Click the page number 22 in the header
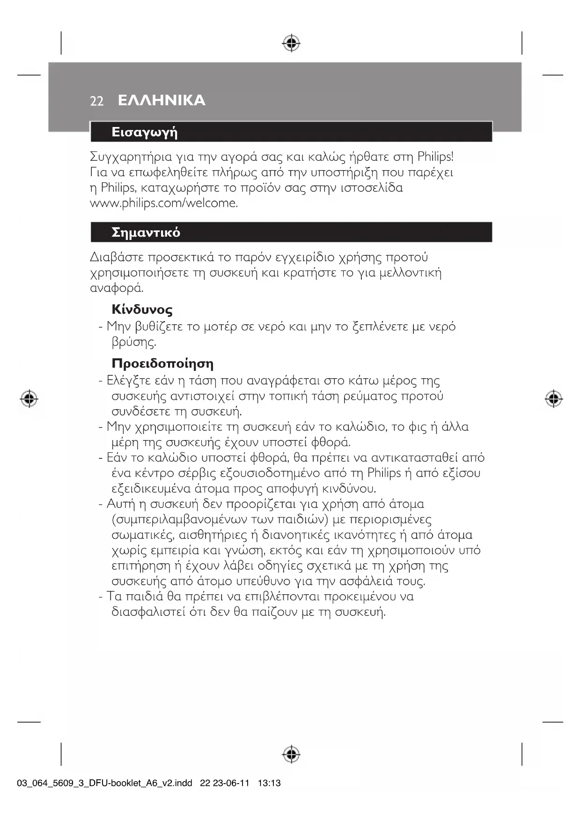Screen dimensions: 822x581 [x=96, y=101]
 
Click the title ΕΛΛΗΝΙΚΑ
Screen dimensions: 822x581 [x=162, y=100]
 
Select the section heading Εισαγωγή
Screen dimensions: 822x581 [x=144, y=132]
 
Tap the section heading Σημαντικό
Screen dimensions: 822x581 [x=146, y=232]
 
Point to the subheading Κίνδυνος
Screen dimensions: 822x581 [x=142, y=310]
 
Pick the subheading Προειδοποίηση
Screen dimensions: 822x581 [x=162, y=364]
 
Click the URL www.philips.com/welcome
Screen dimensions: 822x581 [x=164, y=203]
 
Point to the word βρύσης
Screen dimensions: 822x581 [x=134, y=343]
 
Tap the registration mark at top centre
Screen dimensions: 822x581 [x=291, y=43]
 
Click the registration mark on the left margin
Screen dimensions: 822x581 [x=29, y=398]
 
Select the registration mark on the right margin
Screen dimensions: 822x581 [x=553, y=398]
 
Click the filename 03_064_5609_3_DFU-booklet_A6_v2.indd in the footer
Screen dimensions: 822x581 [x=105, y=783]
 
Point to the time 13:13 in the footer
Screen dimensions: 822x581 [x=269, y=783]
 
